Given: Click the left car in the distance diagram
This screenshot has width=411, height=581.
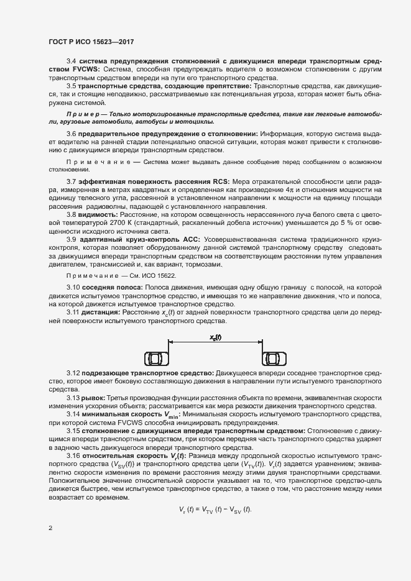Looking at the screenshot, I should (155, 359).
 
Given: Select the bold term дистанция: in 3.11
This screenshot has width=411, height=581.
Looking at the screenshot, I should (103, 313).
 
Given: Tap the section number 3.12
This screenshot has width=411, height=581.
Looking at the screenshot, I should (73, 372).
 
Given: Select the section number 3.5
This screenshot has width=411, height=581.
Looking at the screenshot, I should (71, 85).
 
